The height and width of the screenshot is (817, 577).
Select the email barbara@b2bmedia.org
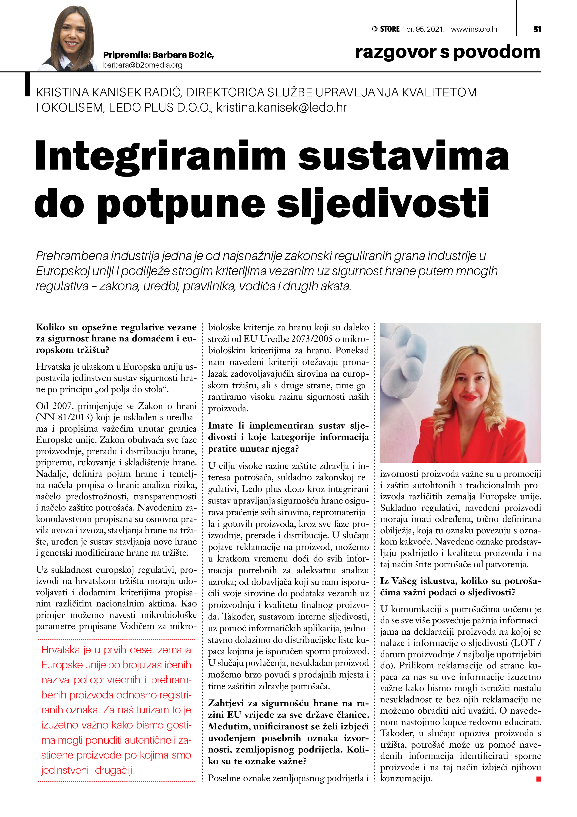(143, 65)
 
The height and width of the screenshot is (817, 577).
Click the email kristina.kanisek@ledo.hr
(282, 107)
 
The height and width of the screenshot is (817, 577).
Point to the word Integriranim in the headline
(160, 157)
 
